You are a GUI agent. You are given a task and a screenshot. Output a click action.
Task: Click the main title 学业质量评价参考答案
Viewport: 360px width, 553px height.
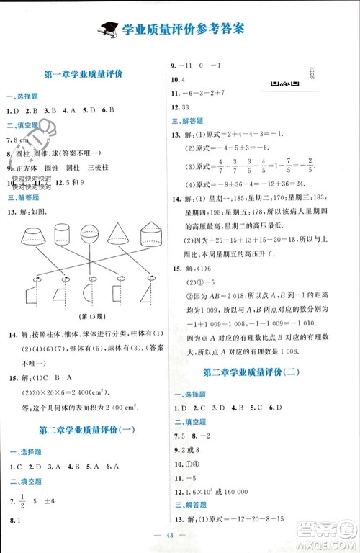point(184,29)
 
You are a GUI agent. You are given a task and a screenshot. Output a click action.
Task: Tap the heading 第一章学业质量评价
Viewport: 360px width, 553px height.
point(84,74)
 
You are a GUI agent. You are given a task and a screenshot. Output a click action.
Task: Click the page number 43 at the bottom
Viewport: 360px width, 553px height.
point(179,541)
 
